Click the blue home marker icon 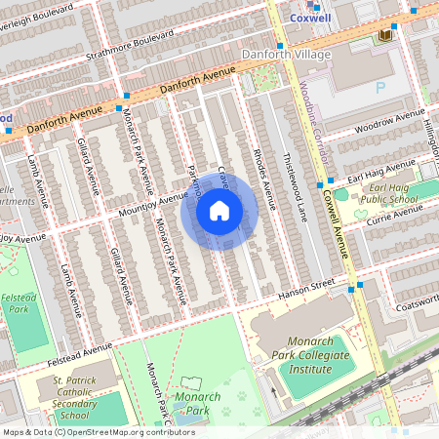[x=219, y=210]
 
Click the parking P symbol [x=381, y=86]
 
